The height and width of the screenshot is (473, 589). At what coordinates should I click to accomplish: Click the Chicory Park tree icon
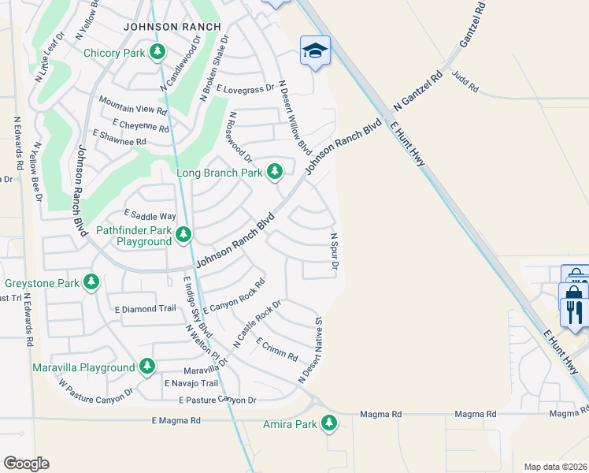[x=158, y=53]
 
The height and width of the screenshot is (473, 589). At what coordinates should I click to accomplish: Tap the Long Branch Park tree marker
[x=274, y=171]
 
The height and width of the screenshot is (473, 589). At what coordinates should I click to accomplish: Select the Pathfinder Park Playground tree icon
[x=183, y=234]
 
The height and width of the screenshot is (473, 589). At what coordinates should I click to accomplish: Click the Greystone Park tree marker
[x=91, y=281]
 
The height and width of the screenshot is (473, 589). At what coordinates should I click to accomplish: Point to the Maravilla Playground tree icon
[x=147, y=367]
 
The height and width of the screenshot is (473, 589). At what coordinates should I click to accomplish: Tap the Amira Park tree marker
[x=329, y=424]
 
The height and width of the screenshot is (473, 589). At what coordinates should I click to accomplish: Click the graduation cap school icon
[x=315, y=51]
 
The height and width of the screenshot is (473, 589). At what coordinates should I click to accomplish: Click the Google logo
[x=26, y=463]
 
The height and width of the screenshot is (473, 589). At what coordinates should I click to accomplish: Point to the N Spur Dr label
[x=334, y=252]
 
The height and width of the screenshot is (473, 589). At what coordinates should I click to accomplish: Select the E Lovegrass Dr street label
[x=245, y=88]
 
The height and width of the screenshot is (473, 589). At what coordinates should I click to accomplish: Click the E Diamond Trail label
[x=145, y=308]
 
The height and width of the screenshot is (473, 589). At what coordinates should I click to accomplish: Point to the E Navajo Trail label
[x=191, y=383]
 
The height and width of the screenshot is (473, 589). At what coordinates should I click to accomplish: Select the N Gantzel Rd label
[x=417, y=92]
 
